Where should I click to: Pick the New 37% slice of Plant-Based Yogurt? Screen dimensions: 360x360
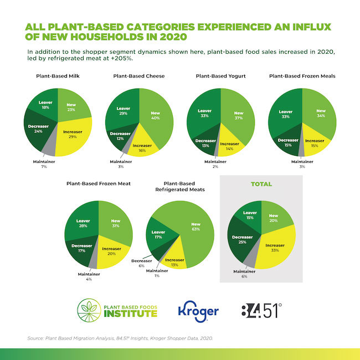click(x=239, y=116)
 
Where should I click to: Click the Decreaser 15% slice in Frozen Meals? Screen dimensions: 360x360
click(x=287, y=143)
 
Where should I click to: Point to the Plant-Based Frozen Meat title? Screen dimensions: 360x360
click(x=98, y=183)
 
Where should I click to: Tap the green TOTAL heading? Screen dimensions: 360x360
click(x=261, y=183)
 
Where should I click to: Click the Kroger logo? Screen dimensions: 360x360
click(x=198, y=310)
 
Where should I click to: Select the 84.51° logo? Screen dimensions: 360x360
click(x=263, y=310)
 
